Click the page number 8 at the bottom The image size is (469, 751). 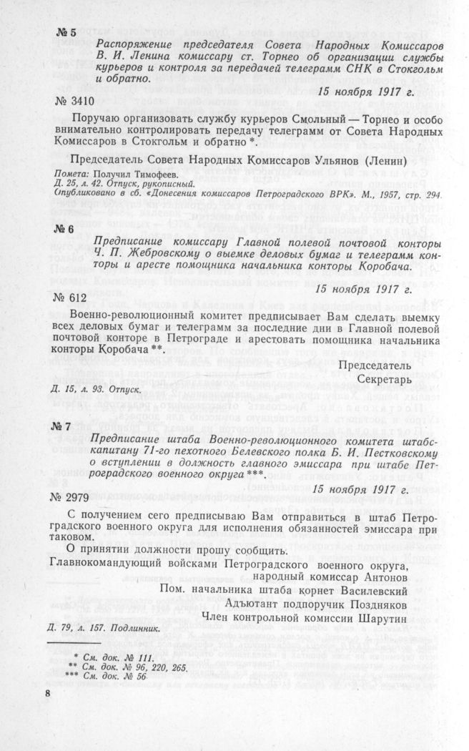point(48,694)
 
